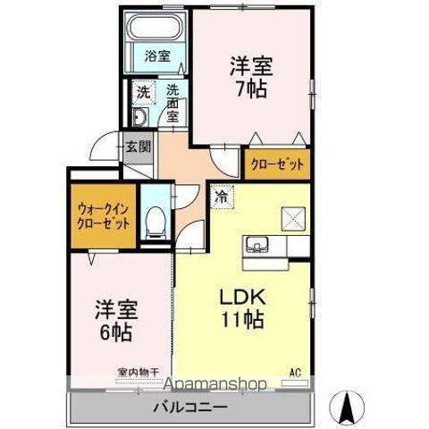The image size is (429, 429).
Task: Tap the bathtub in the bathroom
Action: tap(158, 30)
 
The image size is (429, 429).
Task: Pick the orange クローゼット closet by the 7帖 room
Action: tap(276, 164)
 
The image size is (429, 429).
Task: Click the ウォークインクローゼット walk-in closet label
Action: tap(101, 214)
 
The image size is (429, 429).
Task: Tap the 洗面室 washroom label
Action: tap(172, 102)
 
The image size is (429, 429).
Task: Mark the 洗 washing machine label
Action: tap(143, 91)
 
